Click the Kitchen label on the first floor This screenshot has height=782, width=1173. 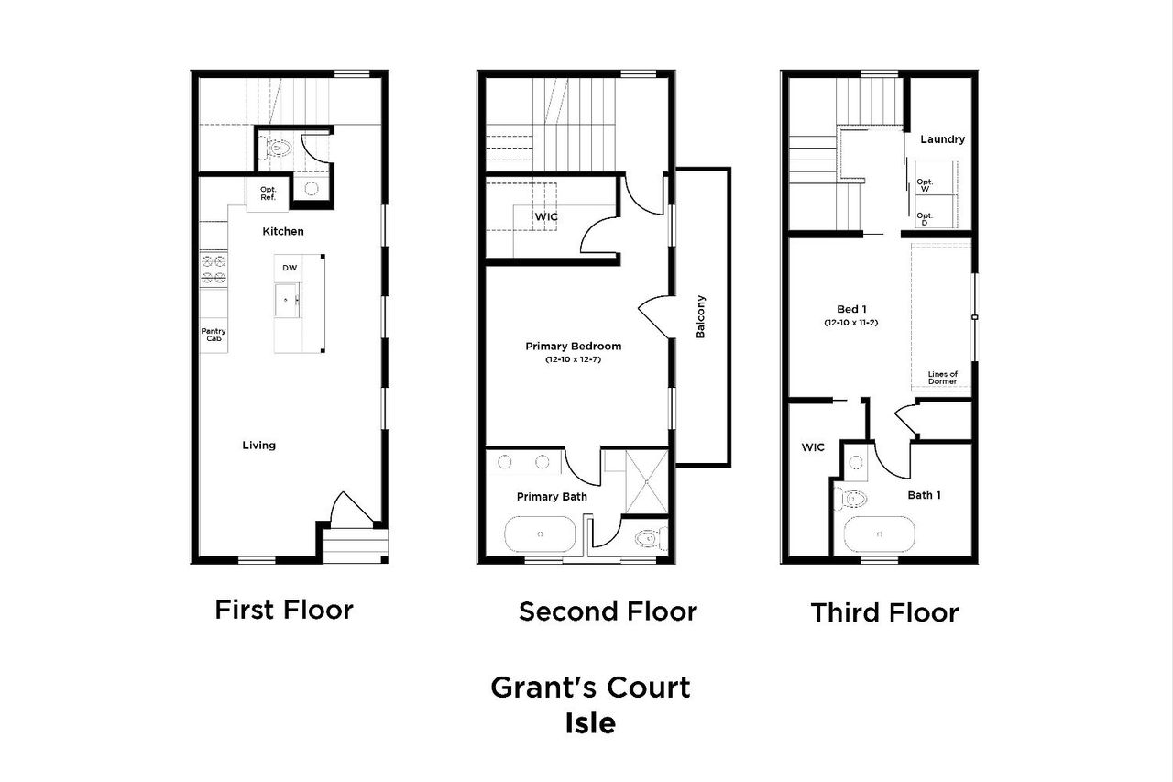(282, 232)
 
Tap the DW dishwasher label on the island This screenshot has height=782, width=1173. (290, 268)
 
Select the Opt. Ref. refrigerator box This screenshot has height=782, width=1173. (269, 193)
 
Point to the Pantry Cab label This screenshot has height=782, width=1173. (214, 335)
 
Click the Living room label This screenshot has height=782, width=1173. (258, 446)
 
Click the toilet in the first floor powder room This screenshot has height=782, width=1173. (275, 147)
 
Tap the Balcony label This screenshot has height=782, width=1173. (701, 316)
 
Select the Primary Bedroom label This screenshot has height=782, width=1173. (573, 347)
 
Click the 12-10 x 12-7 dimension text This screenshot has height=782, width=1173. (573, 360)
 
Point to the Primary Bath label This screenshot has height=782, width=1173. (552, 497)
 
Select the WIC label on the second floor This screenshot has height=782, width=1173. (546, 216)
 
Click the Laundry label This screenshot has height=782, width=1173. (942, 139)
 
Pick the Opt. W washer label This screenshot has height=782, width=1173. (925, 185)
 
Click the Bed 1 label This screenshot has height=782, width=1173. (850, 309)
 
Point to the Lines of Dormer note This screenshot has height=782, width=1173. (942, 378)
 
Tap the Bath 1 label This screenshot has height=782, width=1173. (924, 495)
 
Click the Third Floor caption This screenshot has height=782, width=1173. (884, 612)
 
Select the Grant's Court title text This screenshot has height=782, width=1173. (590, 687)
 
